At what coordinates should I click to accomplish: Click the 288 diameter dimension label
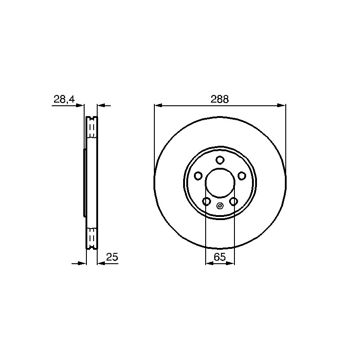(x=220, y=99)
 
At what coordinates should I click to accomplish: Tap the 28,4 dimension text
(x=64, y=99)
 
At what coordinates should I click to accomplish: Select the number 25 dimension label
(x=112, y=257)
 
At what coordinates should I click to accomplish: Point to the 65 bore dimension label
(x=220, y=257)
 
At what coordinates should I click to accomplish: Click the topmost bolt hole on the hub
(x=220, y=160)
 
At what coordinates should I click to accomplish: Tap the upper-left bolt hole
(x=198, y=176)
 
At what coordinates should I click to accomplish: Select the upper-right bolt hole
(x=242, y=176)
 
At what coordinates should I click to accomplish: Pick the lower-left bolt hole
(x=207, y=202)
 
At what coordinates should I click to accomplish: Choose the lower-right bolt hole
(x=234, y=202)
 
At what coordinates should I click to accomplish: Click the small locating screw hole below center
(x=220, y=206)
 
